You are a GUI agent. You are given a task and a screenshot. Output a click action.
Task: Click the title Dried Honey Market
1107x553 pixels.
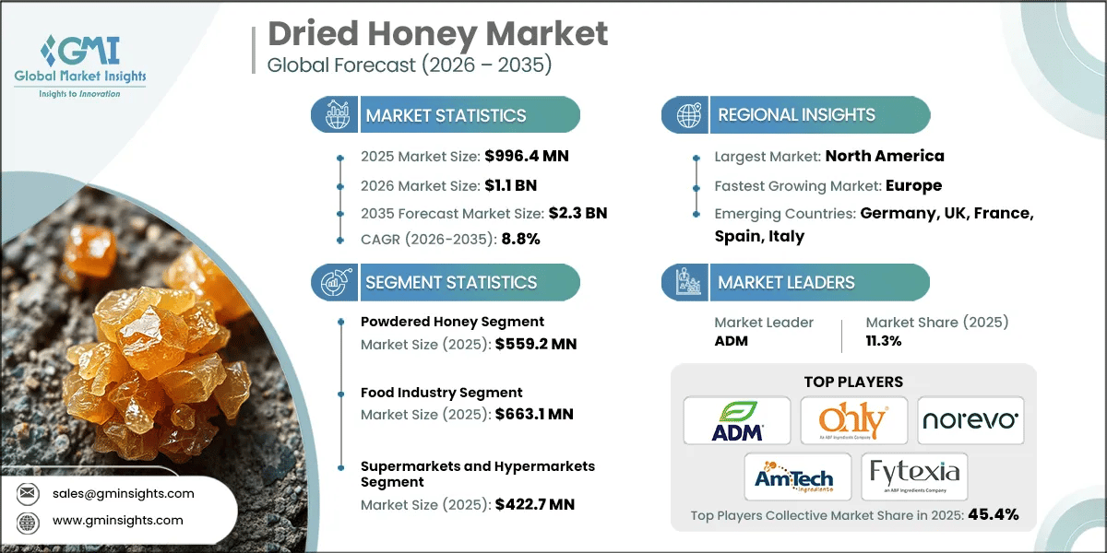tap(438, 34)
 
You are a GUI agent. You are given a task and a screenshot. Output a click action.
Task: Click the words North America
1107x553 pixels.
tap(884, 156)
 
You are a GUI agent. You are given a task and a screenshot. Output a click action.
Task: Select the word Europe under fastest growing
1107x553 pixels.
tap(913, 185)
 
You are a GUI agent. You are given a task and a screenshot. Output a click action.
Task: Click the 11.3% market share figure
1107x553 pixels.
tap(883, 340)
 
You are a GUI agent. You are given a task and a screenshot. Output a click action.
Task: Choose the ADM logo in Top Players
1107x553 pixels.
tap(737, 420)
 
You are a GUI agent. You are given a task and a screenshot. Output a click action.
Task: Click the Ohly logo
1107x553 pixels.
tap(853, 420)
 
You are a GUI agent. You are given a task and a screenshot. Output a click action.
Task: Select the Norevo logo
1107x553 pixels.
tap(970, 420)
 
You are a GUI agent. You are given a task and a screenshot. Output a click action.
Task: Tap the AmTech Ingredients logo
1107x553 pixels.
tap(795, 477)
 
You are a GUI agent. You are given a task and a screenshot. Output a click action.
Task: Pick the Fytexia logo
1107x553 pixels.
tap(913, 477)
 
